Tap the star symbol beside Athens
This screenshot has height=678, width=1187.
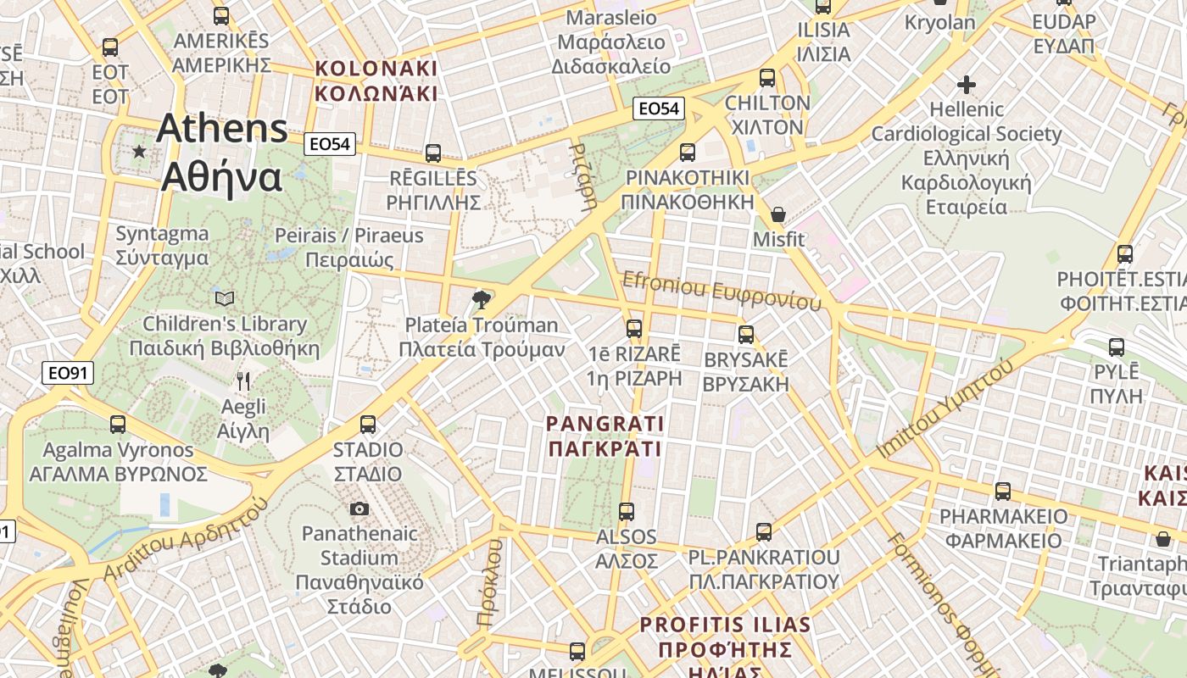click(139, 152)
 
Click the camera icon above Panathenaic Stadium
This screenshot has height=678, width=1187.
click(359, 508)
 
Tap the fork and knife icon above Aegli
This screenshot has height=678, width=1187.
click(243, 381)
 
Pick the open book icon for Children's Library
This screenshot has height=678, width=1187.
click(225, 298)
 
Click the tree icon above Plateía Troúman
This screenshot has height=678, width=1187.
click(482, 299)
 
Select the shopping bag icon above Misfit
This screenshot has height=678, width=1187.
click(777, 214)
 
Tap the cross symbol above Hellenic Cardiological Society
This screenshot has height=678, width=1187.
click(966, 85)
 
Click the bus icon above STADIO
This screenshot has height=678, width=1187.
click(368, 425)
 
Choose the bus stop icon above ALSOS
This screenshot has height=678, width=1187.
click(627, 512)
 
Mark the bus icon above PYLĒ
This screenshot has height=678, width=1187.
click(1117, 347)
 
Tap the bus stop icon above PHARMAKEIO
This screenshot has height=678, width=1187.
click(1003, 491)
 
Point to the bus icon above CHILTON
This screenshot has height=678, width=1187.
click(767, 78)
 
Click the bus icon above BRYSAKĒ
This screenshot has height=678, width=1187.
click(746, 335)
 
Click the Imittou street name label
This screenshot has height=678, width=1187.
click(945, 409)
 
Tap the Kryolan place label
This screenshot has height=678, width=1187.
click(940, 22)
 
